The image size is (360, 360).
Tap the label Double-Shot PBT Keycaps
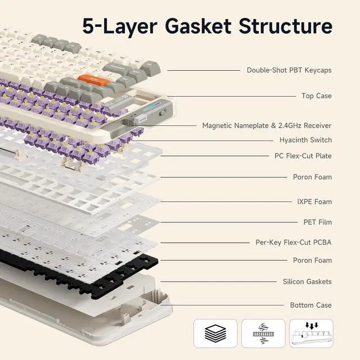(289, 70)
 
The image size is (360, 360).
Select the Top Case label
(316, 96)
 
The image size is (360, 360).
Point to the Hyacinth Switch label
(305, 140)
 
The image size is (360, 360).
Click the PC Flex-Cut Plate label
(303, 156)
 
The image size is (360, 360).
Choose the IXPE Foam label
(314, 201)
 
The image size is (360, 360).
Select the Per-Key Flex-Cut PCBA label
(293, 242)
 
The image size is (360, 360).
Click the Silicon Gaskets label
(307, 281)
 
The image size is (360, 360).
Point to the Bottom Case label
(310, 305)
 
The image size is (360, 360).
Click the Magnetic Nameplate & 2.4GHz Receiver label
(267, 125)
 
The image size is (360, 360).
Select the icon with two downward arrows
(310, 333)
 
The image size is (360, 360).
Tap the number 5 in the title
(89, 26)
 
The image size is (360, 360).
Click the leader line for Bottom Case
(225, 305)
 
